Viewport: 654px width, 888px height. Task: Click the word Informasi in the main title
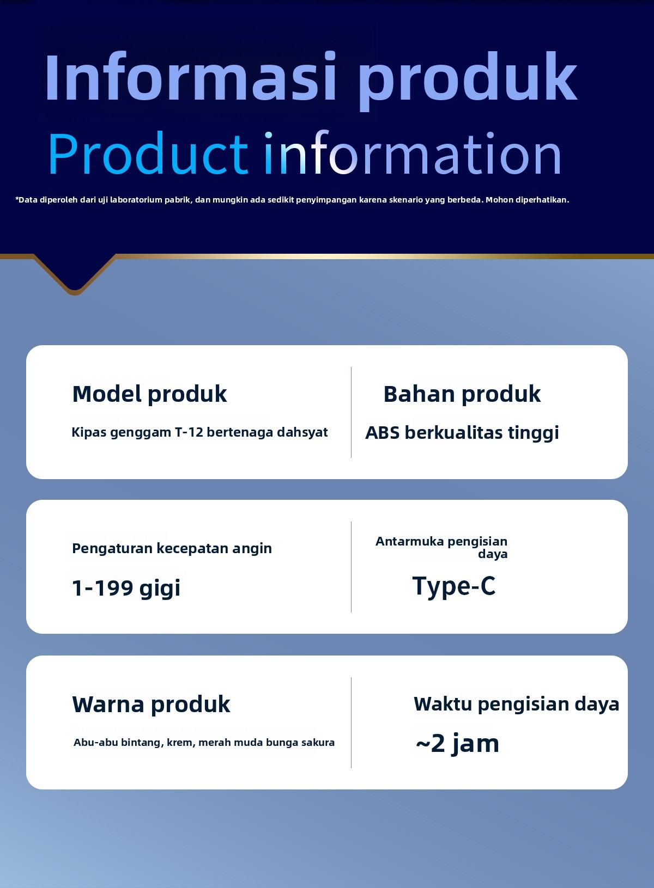coord(191,77)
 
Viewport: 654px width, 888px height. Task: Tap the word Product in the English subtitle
coord(148,154)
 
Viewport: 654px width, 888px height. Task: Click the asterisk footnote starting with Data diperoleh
coord(292,200)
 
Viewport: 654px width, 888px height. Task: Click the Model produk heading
coord(149,394)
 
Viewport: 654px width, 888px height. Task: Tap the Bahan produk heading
coord(462,394)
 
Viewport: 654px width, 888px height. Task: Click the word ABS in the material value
coord(383,433)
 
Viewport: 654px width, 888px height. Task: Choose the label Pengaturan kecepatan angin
coord(172,549)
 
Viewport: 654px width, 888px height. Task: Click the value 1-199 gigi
coord(126,589)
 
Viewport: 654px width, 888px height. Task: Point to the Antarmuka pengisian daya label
coord(441,547)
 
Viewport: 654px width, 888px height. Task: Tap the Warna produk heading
coord(151,705)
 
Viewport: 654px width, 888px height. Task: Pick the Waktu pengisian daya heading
coord(516,705)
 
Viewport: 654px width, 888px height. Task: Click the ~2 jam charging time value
coord(457,744)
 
